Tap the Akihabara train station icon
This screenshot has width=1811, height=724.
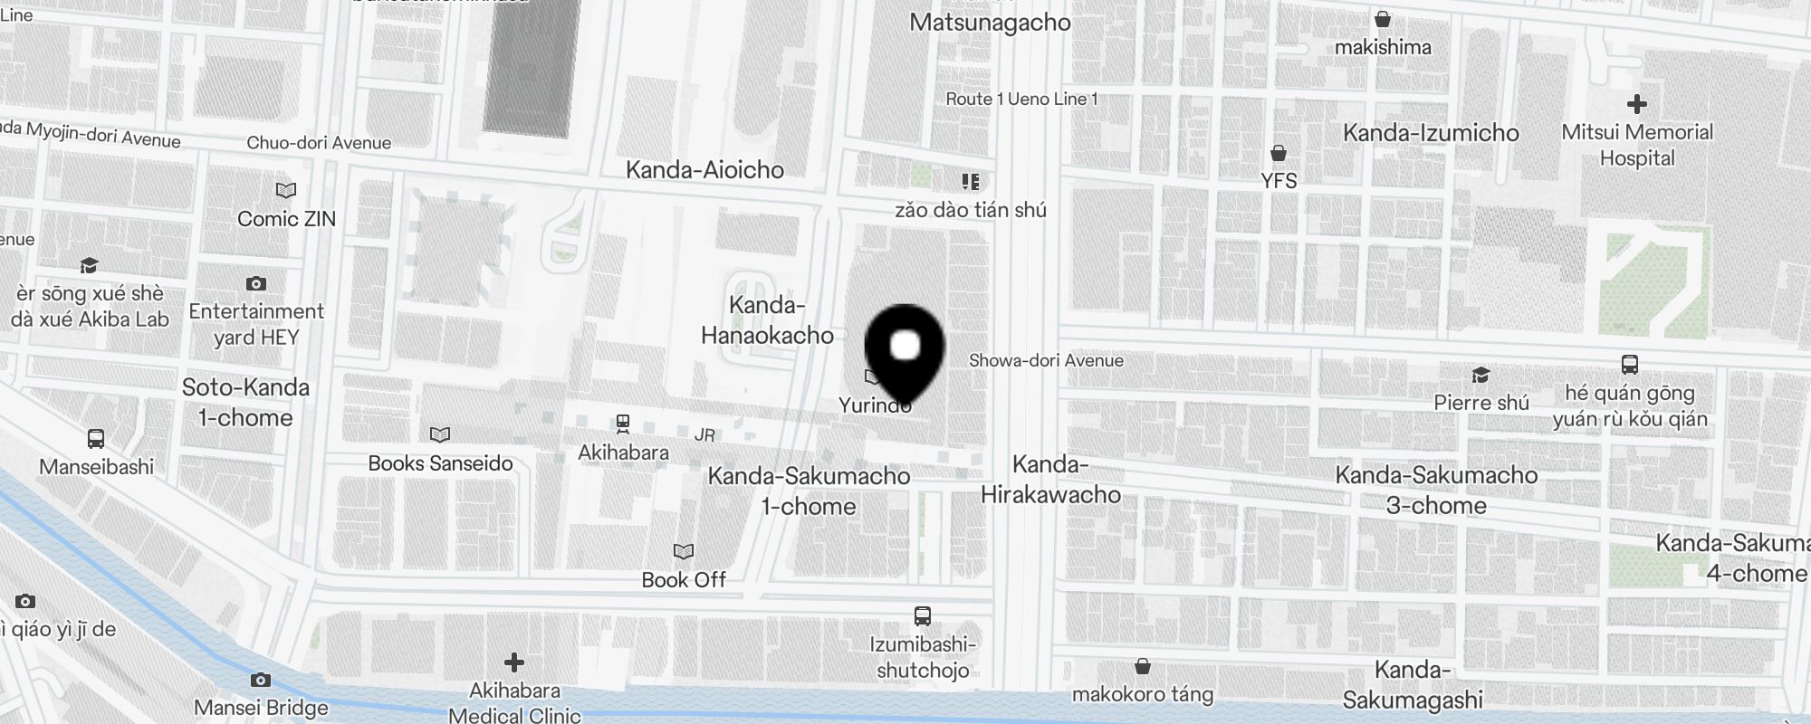click(623, 423)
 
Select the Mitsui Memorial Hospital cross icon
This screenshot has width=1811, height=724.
click(1637, 104)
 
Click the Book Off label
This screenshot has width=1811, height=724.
click(684, 579)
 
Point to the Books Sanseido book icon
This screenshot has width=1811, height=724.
click(440, 435)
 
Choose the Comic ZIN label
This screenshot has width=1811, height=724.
click(286, 219)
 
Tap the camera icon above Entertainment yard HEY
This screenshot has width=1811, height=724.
click(256, 284)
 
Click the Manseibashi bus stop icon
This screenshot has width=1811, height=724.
click(96, 439)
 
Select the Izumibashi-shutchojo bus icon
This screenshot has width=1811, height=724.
click(923, 616)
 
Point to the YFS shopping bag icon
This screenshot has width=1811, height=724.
click(1279, 152)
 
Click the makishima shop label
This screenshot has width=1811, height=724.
click(1383, 47)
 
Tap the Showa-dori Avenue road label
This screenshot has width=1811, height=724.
click(1046, 360)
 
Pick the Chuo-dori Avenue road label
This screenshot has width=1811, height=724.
click(319, 143)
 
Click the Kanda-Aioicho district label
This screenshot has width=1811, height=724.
click(704, 170)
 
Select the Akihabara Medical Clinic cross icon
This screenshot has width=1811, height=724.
click(514, 662)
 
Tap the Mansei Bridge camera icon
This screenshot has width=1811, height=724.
click(261, 680)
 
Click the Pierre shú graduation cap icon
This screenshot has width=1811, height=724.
click(1480, 375)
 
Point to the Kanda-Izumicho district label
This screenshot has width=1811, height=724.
click(1431, 133)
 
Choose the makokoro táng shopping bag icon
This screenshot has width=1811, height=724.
click(1143, 667)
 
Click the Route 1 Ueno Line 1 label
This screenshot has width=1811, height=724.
click(1021, 100)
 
